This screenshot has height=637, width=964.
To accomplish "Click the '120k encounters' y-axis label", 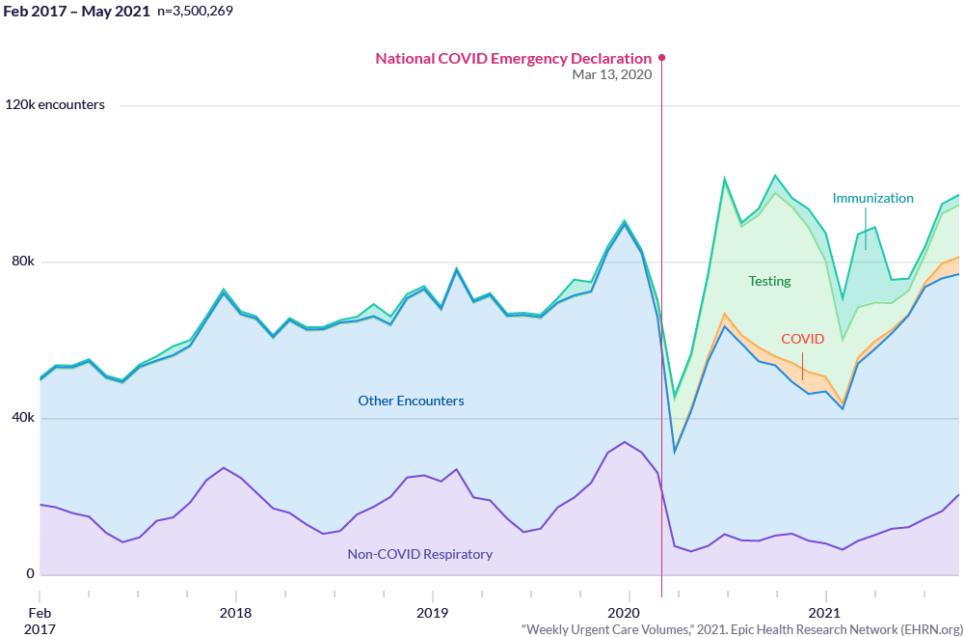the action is (55, 105).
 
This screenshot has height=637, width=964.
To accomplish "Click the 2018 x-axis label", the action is (235, 613).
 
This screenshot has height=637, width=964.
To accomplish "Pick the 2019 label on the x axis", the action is (432, 613).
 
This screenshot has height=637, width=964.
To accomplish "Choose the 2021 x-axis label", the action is (824, 613).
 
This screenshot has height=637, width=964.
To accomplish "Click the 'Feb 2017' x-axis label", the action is (40, 621).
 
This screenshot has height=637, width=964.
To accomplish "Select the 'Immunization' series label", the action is (873, 198).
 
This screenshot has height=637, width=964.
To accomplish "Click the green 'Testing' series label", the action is (769, 281).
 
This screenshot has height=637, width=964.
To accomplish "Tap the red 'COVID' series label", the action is (802, 339).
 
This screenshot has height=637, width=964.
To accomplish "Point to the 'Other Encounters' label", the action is (411, 401).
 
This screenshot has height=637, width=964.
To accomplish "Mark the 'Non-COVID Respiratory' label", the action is (420, 554).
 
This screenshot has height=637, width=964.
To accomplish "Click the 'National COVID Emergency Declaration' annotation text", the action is (514, 59).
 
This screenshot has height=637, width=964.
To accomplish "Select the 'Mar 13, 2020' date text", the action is (612, 75).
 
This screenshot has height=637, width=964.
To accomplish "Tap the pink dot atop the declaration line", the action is (661, 58).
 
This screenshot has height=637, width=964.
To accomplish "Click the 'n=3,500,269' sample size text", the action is (194, 11).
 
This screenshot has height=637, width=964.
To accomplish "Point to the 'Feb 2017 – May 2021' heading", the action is (77, 11).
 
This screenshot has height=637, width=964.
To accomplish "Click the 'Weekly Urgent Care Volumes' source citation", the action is (740, 629).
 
